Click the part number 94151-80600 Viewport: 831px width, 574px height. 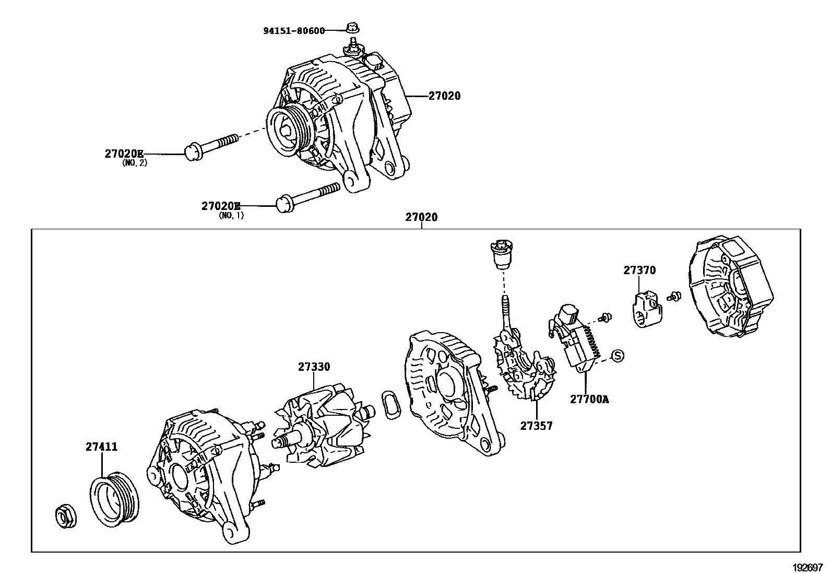pyautogui.click(x=293, y=31)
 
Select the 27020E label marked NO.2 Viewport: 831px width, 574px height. pyautogui.click(x=124, y=154)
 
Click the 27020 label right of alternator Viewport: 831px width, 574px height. pyautogui.click(x=445, y=96)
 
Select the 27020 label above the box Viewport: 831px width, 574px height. pyautogui.click(x=422, y=217)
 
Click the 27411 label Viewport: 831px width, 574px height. pyautogui.click(x=101, y=447)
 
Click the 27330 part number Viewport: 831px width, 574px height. pyautogui.click(x=314, y=367)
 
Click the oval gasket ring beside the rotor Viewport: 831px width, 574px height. pyautogui.click(x=390, y=404)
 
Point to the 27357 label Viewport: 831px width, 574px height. pyautogui.click(x=536, y=426)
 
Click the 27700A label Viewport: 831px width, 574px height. pyautogui.click(x=589, y=400)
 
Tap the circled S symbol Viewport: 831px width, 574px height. pyautogui.click(x=617, y=356)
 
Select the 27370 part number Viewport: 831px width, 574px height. pyautogui.click(x=639, y=271)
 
